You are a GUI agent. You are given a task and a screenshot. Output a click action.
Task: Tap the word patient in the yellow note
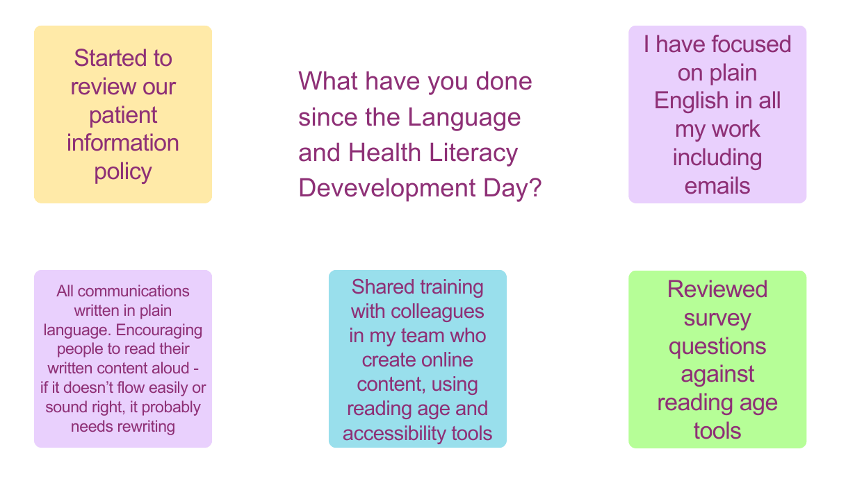[123, 115]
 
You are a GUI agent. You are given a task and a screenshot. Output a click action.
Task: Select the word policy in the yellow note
[123, 171]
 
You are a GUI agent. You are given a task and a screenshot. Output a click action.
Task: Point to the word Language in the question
[464, 117]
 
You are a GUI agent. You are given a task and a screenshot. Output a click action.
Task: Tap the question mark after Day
[535, 188]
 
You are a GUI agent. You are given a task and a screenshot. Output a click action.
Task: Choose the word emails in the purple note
[717, 186]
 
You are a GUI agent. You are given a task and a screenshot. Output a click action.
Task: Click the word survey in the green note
[717, 318]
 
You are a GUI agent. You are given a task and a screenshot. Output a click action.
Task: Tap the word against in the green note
[717, 375]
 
